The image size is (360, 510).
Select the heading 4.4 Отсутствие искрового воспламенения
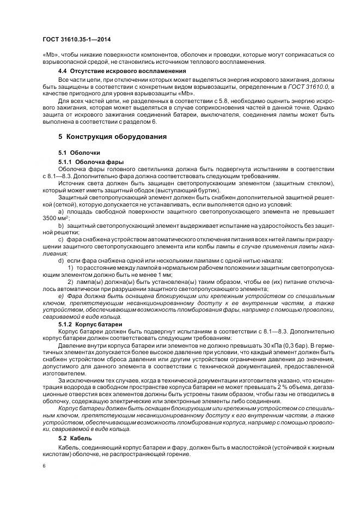click(122, 71)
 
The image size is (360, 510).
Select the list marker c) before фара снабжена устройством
click(61, 239)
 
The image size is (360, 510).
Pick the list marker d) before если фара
click(61, 260)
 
